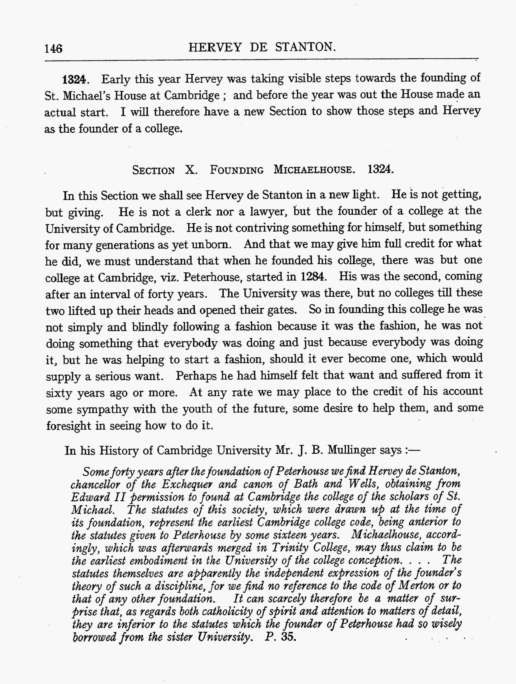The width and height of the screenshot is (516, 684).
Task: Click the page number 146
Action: point(54,49)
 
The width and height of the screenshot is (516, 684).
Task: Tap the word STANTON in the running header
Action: point(305,47)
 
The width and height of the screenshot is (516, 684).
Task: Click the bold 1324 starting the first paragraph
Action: point(74,80)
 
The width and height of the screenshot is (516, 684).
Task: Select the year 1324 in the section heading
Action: point(381,169)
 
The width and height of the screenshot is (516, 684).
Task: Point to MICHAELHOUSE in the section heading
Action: point(314,170)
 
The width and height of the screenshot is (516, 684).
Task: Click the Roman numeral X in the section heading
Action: point(191,170)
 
